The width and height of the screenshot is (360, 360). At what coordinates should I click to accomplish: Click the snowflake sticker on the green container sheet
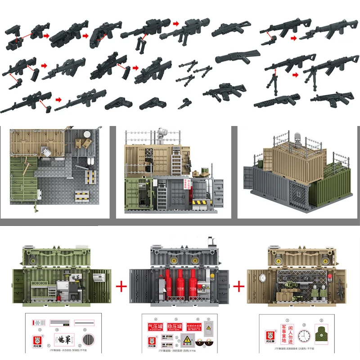pos(38,323)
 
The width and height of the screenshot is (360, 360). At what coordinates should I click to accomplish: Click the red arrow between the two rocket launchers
pos(176,23)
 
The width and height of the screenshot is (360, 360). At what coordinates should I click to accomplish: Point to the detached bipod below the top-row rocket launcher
pos(137,43)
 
